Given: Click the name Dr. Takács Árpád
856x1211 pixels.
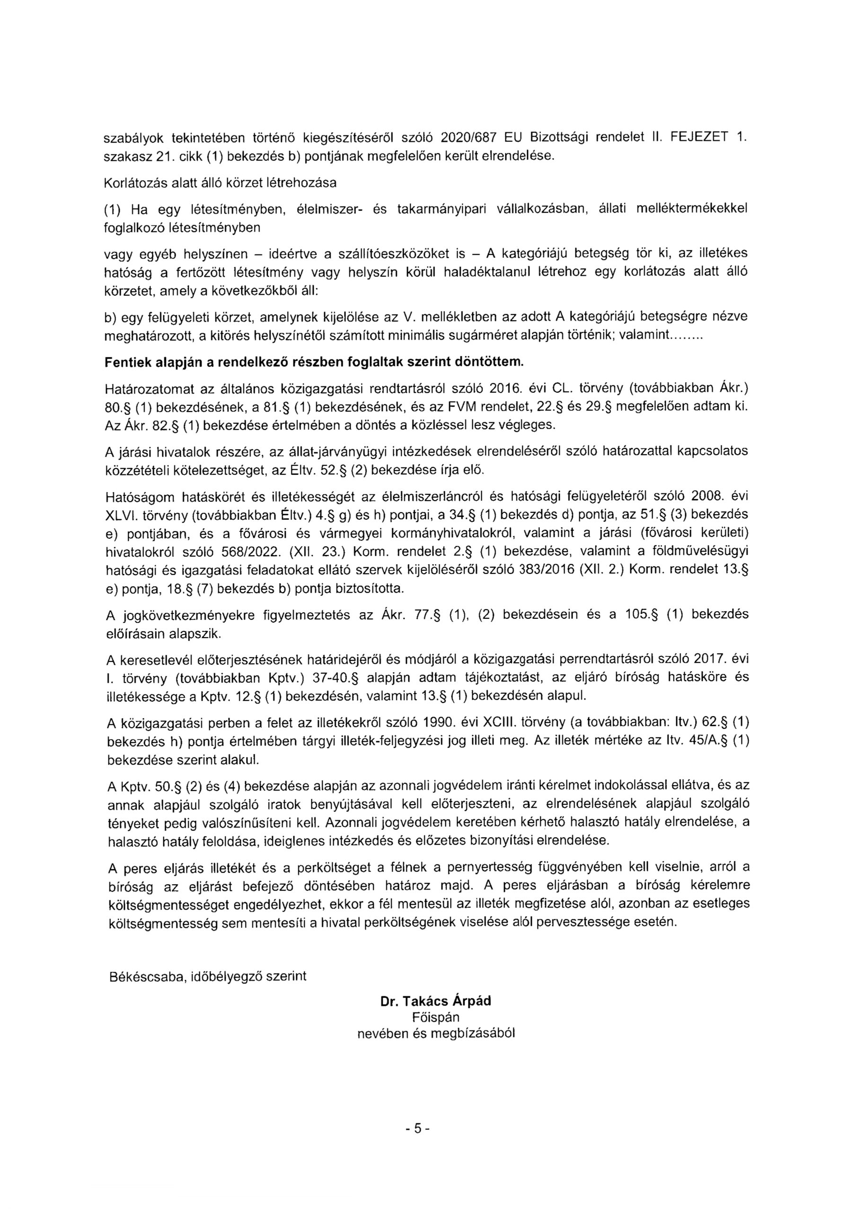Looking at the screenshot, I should (435, 1000).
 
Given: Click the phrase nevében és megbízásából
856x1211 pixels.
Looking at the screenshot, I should (436, 1033).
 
